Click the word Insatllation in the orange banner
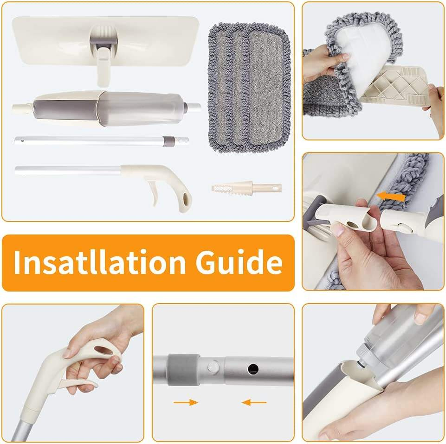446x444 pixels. (100, 262)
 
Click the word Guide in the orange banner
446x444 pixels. (239, 262)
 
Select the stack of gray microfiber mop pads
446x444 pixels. (249, 88)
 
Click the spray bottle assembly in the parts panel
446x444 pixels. (107, 108)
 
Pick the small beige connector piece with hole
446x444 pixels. (246, 188)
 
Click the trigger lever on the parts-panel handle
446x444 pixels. (154, 194)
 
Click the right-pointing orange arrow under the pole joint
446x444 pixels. (186, 402)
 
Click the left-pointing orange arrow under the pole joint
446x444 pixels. (254, 402)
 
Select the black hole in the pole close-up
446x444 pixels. (253, 369)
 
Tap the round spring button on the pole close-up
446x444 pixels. (213, 367)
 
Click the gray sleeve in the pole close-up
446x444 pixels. (183, 370)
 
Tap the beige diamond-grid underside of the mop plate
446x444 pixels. (398, 85)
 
